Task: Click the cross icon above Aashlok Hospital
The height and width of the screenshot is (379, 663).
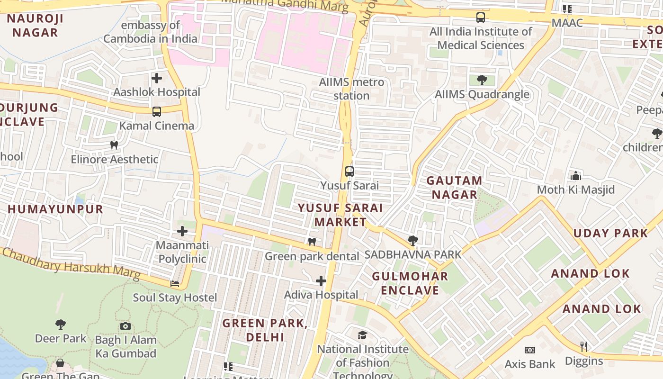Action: pos(157,78)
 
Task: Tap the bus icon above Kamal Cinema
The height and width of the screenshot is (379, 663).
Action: pos(157,112)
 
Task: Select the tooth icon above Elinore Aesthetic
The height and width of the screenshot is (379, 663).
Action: pos(114,145)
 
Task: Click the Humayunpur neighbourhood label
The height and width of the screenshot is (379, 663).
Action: pos(55,209)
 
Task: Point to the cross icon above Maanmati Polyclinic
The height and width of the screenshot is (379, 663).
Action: pos(182,231)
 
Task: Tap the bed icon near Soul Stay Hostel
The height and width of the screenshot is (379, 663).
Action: pos(175,284)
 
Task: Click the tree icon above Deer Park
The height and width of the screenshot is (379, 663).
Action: pos(60,325)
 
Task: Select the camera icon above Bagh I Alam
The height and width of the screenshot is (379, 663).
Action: pos(125,326)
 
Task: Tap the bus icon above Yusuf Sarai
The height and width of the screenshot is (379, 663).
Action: pos(349,171)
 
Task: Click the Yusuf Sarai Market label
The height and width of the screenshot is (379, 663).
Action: pos(340,215)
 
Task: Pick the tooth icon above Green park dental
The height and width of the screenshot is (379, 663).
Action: pos(312,242)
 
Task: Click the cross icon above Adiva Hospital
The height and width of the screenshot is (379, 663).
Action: pos(321,281)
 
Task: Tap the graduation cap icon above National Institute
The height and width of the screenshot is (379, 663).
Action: pos(362,335)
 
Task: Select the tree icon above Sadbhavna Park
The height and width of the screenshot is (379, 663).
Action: pos(412,241)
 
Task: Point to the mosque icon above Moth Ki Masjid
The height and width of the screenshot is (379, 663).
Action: pos(576,176)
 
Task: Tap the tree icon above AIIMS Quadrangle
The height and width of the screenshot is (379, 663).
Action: pos(482,80)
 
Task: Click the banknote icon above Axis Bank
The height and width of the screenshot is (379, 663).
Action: pos(530,350)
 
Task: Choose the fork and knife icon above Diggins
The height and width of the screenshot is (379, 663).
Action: pos(584,347)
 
